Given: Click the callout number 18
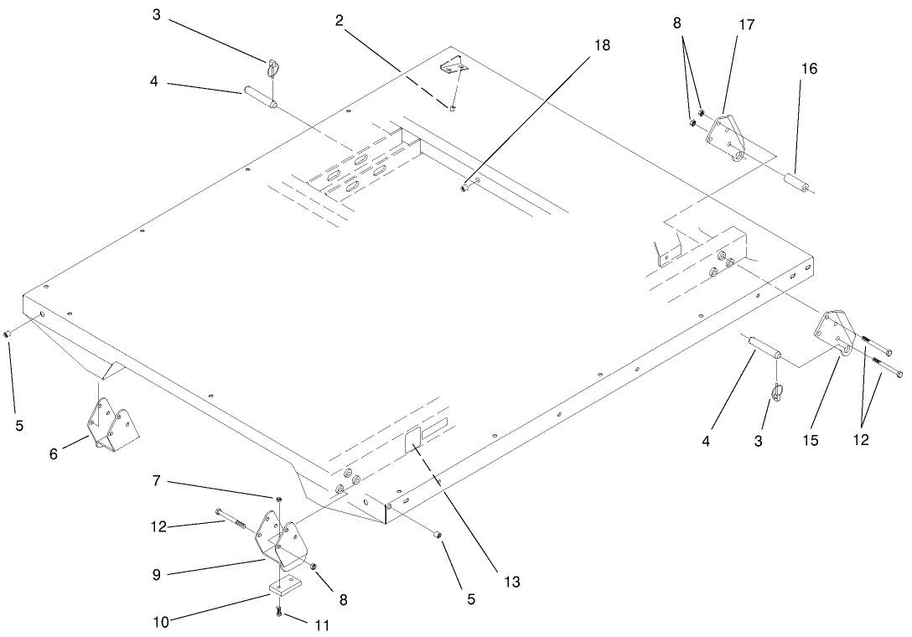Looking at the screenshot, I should (x=603, y=45).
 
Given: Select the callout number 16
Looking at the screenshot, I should (x=808, y=69).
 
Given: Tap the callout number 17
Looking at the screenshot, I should (x=746, y=25).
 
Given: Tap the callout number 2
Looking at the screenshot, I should (x=339, y=20).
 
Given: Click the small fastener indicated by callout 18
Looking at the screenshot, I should (x=464, y=189).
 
